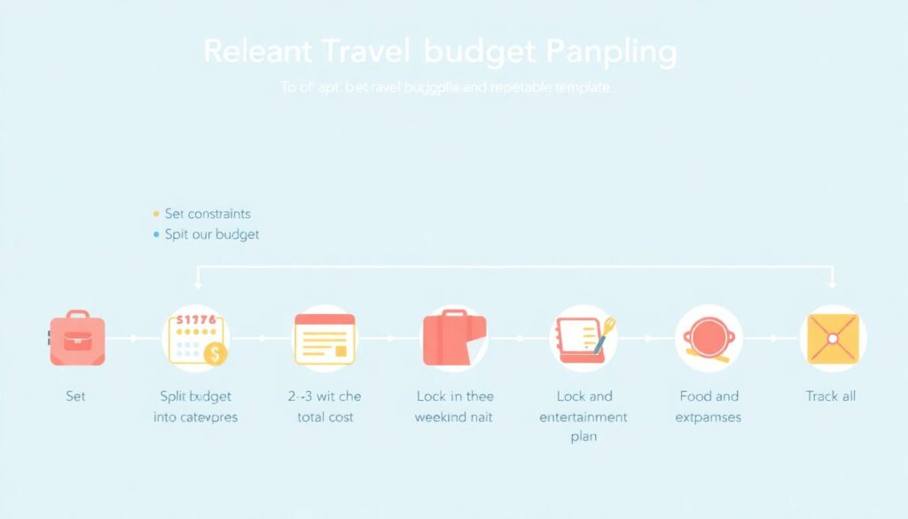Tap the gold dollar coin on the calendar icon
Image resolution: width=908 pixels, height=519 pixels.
coord(215,354)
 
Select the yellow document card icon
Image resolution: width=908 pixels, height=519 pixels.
coord(325,339)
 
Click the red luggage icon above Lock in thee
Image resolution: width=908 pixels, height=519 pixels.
coord(454,339)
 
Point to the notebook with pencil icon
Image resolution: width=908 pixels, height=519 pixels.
coord(583,338)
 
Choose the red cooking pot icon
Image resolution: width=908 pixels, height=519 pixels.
coord(708,338)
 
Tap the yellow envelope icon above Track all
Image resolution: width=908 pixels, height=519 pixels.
coord(833,338)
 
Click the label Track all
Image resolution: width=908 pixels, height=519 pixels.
coord(831,396)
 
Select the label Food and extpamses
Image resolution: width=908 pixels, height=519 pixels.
coord(708,406)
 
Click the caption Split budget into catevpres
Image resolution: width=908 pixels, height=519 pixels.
coord(196,406)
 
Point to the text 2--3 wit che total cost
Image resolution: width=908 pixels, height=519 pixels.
coord(325,406)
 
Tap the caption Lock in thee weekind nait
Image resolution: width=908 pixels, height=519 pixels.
coord(454,406)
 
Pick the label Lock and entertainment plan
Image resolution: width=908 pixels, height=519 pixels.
coord(583,416)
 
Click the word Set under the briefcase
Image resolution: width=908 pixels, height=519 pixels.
coord(76,396)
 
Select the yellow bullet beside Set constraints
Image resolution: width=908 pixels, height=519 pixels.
coord(157,214)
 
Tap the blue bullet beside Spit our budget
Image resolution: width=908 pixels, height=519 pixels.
coord(157,235)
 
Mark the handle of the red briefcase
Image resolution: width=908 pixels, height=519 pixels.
coord(77,315)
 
